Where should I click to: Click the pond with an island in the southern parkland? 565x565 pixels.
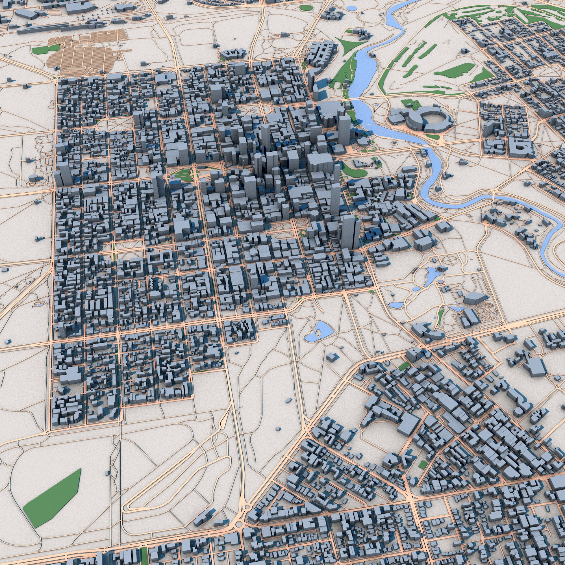(319, 332)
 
